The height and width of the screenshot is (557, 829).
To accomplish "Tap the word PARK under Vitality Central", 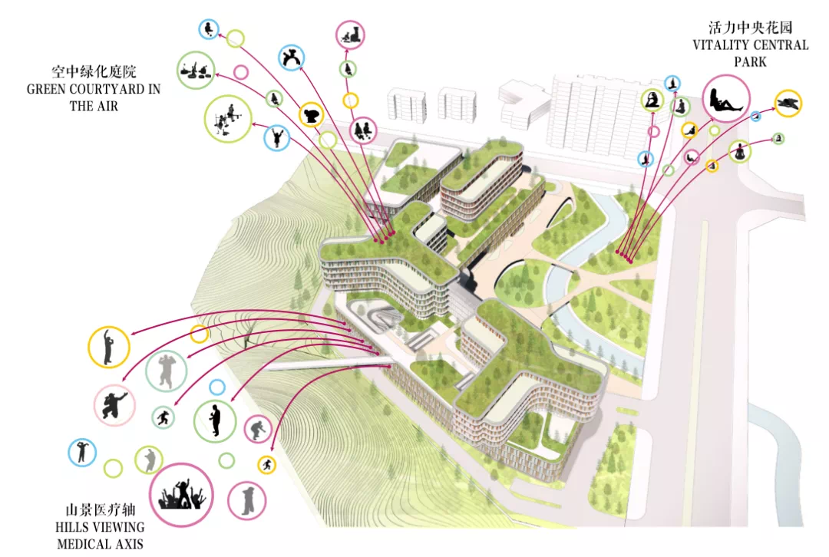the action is (x=750, y=62).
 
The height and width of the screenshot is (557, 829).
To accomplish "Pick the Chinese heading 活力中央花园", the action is (x=750, y=28).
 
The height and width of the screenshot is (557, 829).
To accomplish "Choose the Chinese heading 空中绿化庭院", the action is (x=94, y=72).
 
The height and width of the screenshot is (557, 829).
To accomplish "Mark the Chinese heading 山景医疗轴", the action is (x=100, y=510).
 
